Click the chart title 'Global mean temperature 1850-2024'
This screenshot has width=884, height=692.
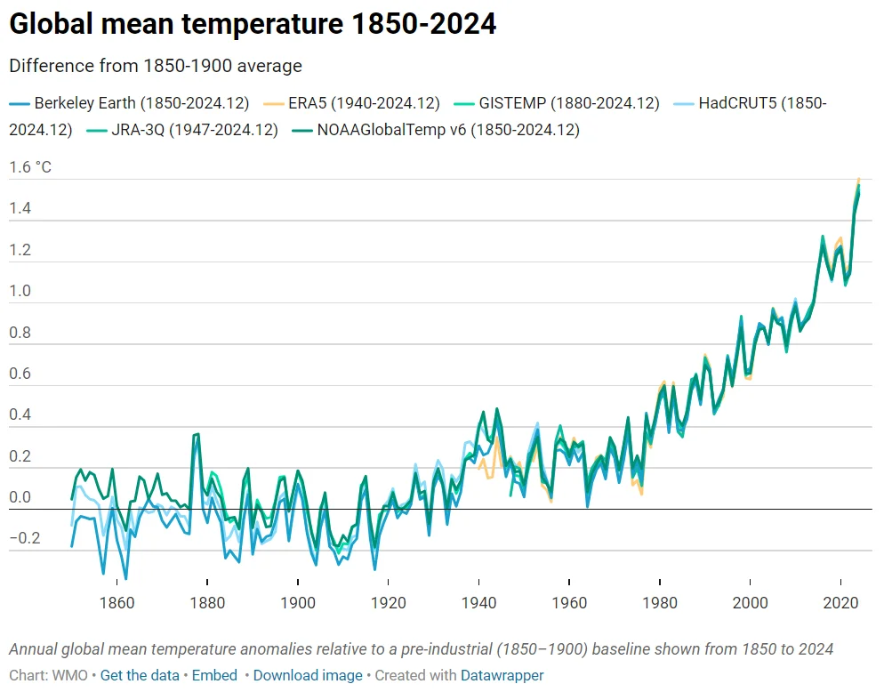[253, 25]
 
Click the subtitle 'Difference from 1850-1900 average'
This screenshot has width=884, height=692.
[156, 66]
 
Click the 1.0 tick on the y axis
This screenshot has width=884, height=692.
[20, 291]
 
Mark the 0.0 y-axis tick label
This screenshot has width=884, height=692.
[20, 497]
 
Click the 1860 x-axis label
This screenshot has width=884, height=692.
[117, 604]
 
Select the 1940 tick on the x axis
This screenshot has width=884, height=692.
[478, 604]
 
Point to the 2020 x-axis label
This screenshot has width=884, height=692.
[841, 604]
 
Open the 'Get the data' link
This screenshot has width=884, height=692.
[140, 675]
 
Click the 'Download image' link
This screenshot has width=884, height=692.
[308, 675]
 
